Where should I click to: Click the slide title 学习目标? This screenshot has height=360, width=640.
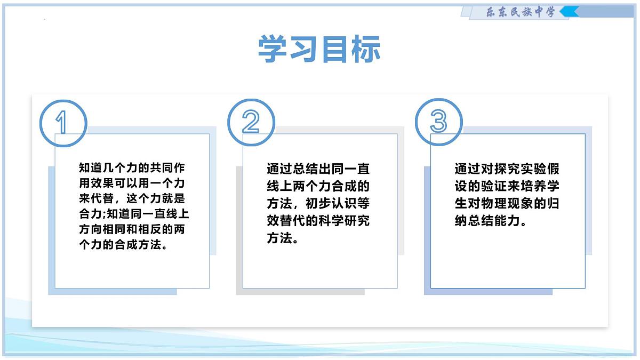(x=319, y=49)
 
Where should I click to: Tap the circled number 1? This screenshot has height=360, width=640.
(x=62, y=123)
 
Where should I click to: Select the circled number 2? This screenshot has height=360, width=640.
(x=251, y=123)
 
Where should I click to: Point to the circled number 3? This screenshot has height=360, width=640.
(x=438, y=122)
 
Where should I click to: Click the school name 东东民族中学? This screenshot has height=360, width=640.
(x=521, y=12)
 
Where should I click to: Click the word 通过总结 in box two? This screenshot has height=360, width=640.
(x=292, y=169)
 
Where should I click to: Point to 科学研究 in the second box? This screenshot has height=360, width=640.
(x=343, y=221)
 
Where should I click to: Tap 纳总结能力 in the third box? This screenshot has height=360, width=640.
(x=486, y=221)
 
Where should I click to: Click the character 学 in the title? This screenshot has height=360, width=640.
(x=273, y=49)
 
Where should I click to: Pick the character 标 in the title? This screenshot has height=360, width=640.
(x=365, y=49)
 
